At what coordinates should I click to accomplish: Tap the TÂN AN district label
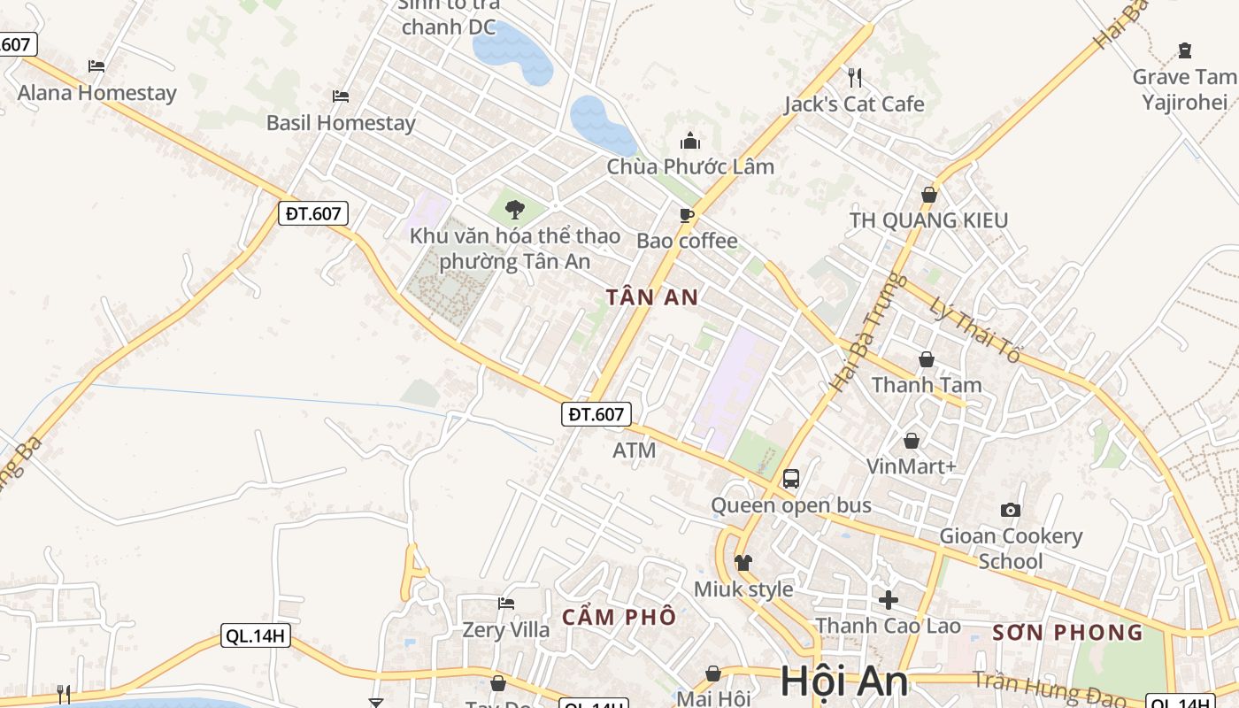coord(652,297)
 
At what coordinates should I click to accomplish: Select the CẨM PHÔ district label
coord(619,617)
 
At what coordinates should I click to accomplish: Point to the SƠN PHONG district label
coord(1067,632)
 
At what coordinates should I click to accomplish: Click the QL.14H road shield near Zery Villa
coord(256,635)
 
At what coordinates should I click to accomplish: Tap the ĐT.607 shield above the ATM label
coord(596,413)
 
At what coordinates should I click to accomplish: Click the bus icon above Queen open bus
coord(791,479)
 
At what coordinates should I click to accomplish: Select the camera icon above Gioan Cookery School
coord(1010,510)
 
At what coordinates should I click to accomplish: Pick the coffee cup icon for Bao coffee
coord(686,215)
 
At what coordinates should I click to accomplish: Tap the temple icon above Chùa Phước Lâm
coord(690,141)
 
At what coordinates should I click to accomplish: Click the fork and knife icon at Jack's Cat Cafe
coord(854,78)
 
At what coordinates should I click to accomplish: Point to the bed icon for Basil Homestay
coord(341,96)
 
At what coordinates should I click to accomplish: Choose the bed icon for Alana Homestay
coord(96,65)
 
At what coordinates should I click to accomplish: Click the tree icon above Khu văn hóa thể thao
coord(514,210)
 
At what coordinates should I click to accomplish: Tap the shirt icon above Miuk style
coord(743,562)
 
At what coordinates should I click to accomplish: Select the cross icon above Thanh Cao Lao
coord(889,600)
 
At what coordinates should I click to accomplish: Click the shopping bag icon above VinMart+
coord(912,440)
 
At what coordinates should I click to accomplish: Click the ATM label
coord(635,450)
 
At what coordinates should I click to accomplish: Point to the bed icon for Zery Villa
coord(506,604)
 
